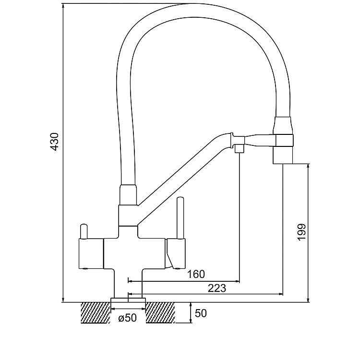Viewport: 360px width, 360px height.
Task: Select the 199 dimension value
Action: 301,233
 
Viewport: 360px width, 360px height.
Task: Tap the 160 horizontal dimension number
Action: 196,274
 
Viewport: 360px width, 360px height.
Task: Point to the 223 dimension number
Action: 217,288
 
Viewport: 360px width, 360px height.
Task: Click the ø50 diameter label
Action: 127,317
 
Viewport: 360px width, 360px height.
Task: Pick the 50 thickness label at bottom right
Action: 201,313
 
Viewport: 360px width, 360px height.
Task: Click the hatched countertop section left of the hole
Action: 95,312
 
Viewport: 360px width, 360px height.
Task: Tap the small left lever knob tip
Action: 84,227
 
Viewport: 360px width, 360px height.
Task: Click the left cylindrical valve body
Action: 90,253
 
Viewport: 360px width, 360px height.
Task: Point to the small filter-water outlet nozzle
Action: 239,149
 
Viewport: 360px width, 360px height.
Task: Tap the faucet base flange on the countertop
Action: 128,300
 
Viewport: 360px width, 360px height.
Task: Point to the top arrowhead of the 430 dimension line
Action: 63,6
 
